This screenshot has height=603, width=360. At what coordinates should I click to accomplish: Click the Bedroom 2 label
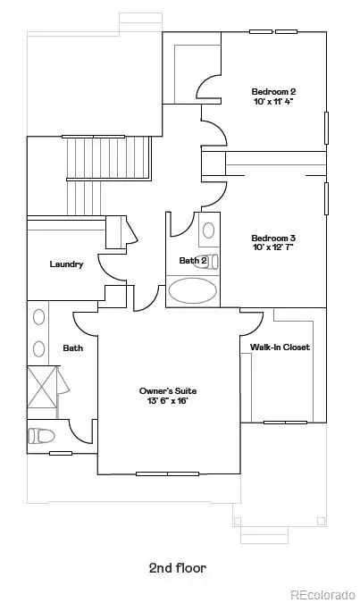[272, 91]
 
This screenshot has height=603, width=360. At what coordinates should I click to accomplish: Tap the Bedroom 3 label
[272, 238]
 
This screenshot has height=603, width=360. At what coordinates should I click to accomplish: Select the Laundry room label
[66, 264]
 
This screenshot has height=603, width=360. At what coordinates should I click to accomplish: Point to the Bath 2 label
[192, 261]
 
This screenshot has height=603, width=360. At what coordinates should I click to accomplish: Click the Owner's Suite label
[167, 391]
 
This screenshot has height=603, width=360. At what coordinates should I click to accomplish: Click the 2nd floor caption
[179, 566]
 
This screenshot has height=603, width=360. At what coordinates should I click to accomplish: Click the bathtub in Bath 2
[193, 291]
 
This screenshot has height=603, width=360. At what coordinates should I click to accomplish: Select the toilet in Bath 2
[208, 230]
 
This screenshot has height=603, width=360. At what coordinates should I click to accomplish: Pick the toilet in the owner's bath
[41, 435]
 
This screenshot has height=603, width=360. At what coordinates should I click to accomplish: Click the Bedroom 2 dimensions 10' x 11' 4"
[272, 102]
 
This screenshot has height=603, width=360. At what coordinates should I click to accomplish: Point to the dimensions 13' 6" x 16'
[167, 402]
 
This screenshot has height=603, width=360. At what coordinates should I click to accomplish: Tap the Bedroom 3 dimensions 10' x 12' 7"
[272, 248]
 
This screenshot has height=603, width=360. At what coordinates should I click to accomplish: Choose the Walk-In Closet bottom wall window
[285, 422]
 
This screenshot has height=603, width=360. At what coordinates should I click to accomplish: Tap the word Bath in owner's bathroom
[72, 348]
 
